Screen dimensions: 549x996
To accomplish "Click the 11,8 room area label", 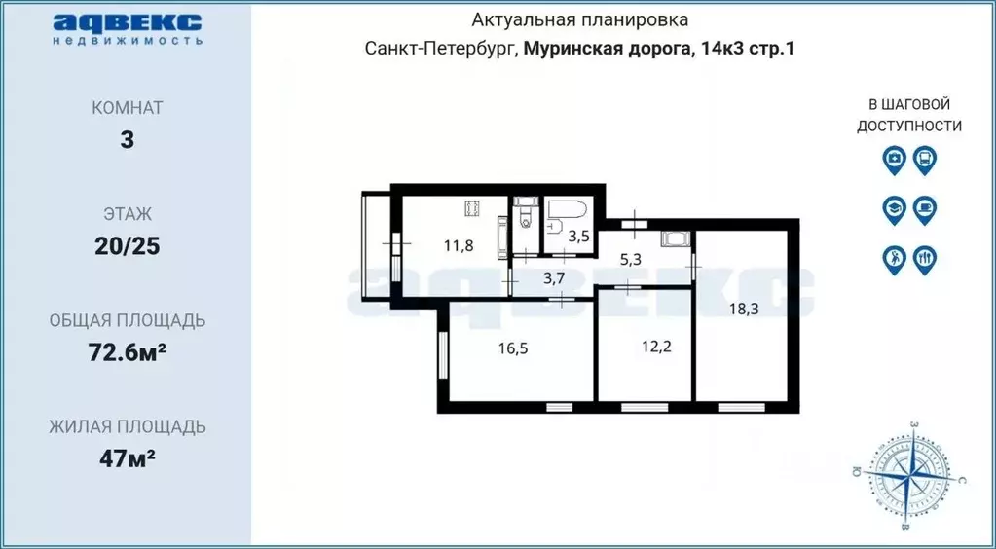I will point(459,245).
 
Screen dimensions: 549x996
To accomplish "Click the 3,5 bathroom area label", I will point(579,236).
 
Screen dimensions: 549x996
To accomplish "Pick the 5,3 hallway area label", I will point(632,260).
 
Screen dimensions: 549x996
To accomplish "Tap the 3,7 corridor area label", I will point(554,277).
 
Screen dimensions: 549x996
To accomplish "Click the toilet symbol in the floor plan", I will point(526,212).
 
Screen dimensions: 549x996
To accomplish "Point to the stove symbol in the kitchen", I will point(472,208).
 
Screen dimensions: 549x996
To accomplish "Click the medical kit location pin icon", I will point(893,159).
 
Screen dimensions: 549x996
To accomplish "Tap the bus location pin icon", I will point(925,159).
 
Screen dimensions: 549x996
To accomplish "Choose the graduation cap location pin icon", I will point(893,208).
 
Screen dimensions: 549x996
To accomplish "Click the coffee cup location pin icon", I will point(925,208).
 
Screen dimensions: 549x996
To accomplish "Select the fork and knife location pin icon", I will point(925,259).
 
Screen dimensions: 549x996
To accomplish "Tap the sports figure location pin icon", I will point(893,259).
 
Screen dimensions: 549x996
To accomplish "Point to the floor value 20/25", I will point(127,245).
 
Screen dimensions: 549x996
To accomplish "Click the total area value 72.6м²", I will point(127,351).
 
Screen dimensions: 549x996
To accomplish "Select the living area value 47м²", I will point(127,457).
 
